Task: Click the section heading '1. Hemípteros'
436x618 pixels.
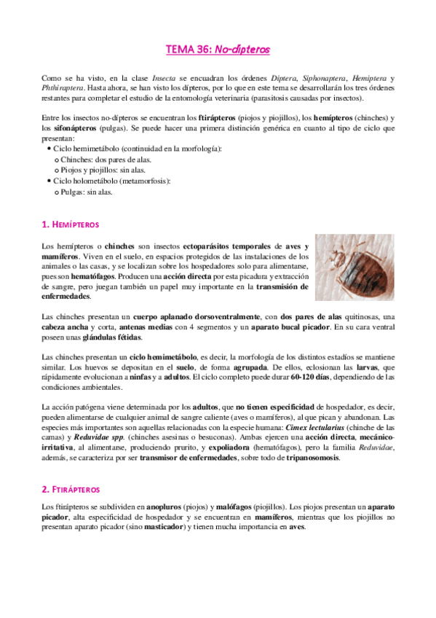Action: click(x=71, y=224)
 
